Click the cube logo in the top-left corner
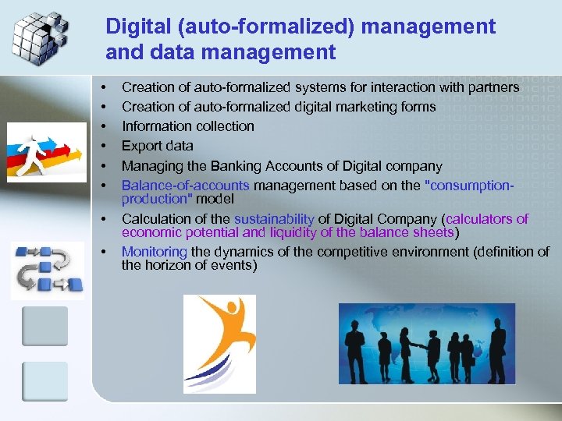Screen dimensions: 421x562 tap(40, 35)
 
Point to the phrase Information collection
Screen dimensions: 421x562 tap(187, 126)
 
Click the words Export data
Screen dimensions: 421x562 tap(157, 145)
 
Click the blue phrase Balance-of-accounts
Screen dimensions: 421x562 tap(185, 186)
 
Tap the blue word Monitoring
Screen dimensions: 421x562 tap(155, 251)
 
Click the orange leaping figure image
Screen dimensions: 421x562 tap(219, 343)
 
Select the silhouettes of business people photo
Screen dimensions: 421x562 tap(426, 344)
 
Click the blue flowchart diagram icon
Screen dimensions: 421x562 tap(47, 270)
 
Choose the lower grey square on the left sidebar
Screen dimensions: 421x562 tap(44, 381)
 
